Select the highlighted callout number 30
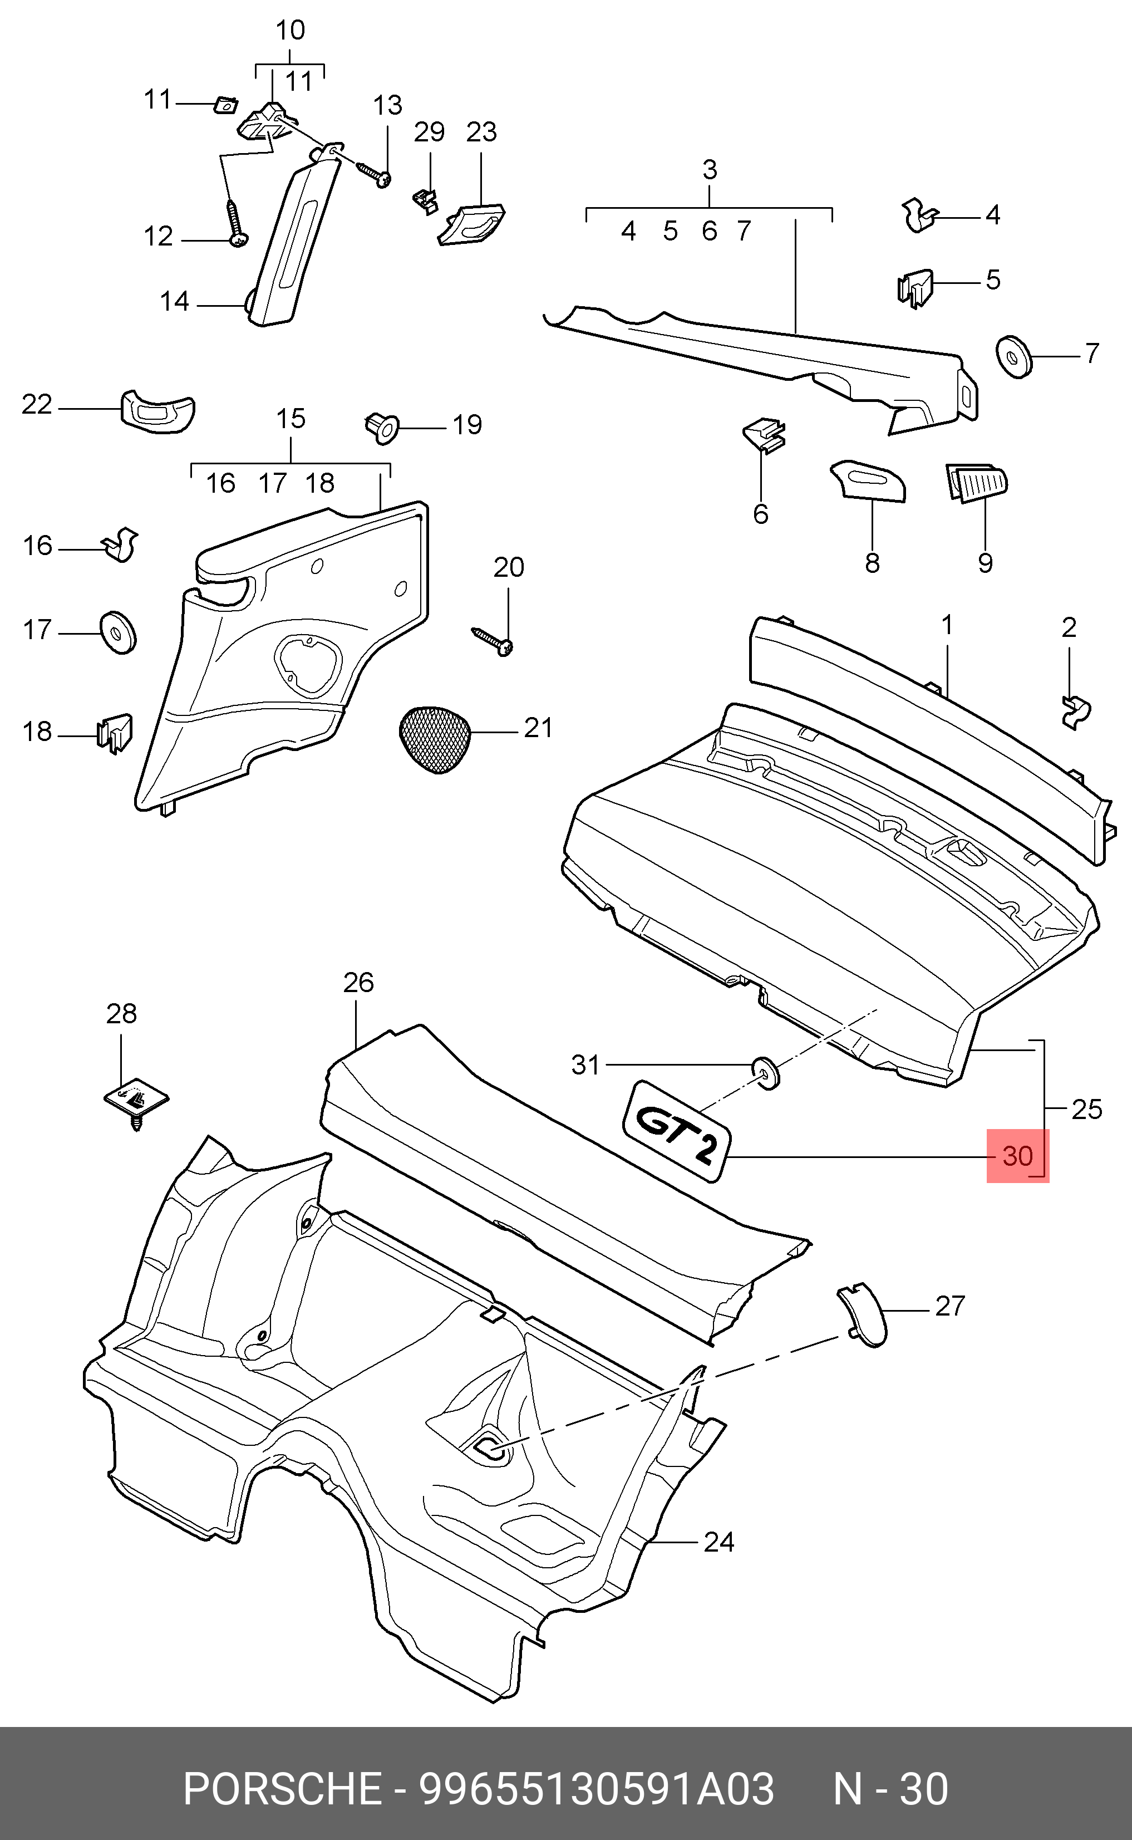pos(1017,1156)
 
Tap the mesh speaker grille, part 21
pos(436,738)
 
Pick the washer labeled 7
pos(1015,356)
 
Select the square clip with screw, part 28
pos(135,1105)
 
